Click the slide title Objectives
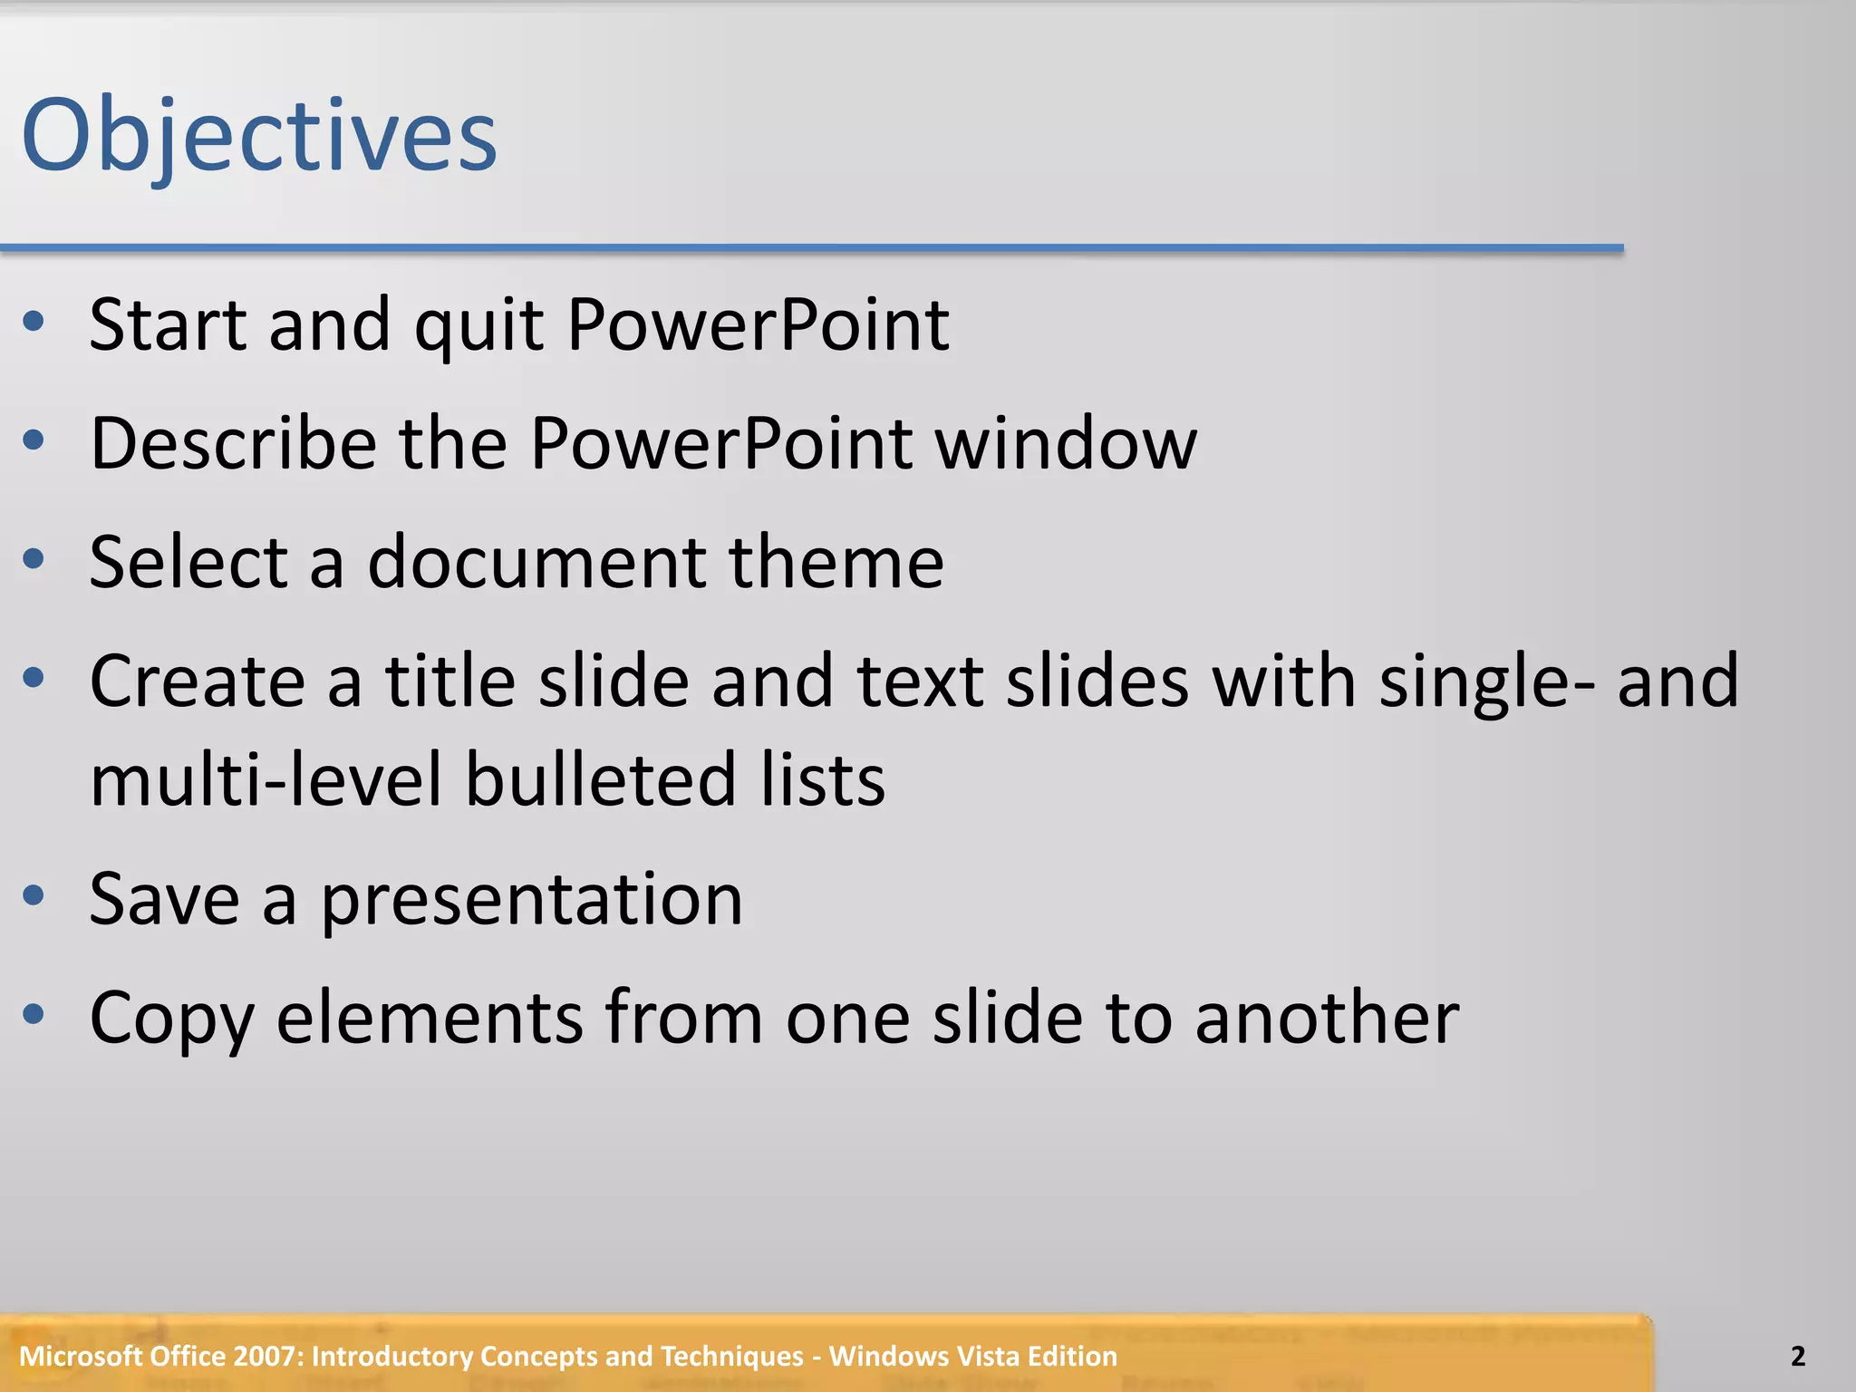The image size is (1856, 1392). [259, 136]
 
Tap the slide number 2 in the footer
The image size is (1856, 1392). [1798, 1356]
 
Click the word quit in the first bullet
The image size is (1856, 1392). [478, 326]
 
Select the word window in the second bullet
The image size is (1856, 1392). [1066, 444]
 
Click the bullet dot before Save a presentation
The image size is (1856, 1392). [34, 896]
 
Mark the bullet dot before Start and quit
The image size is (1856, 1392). [34, 322]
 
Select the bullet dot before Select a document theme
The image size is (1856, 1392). [34, 559]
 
